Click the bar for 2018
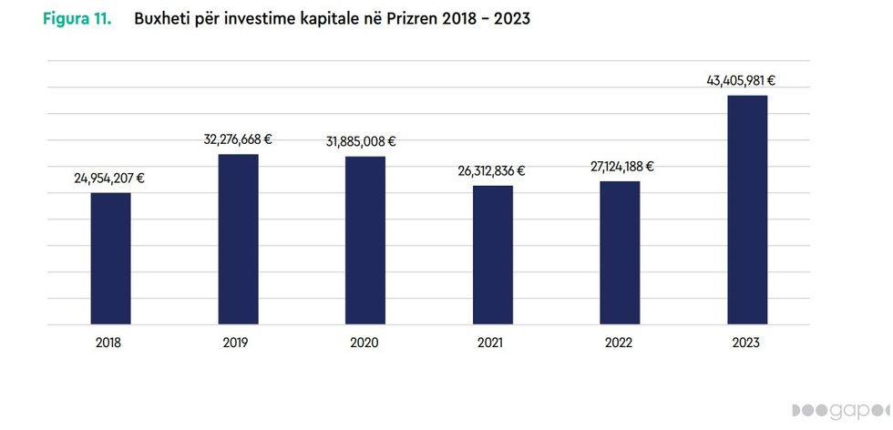tap(110, 259)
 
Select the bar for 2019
tap(238, 240)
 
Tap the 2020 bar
tap(364, 241)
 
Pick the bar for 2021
tap(492, 255)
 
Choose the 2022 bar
tap(620, 253)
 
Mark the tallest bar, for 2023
tap(746, 210)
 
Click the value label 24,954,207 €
tap(109, 179)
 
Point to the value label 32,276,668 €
tap(238, 139)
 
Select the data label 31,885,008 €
tap(361, 141)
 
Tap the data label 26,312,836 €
tap(491, 170)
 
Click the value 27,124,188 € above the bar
tap(620, 167)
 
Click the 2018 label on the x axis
tap(108, 343)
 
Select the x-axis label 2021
tap(490, 343)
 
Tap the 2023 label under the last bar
tap(744, 343)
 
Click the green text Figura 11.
tap(77, 18)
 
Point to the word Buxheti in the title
tap(161, 18)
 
